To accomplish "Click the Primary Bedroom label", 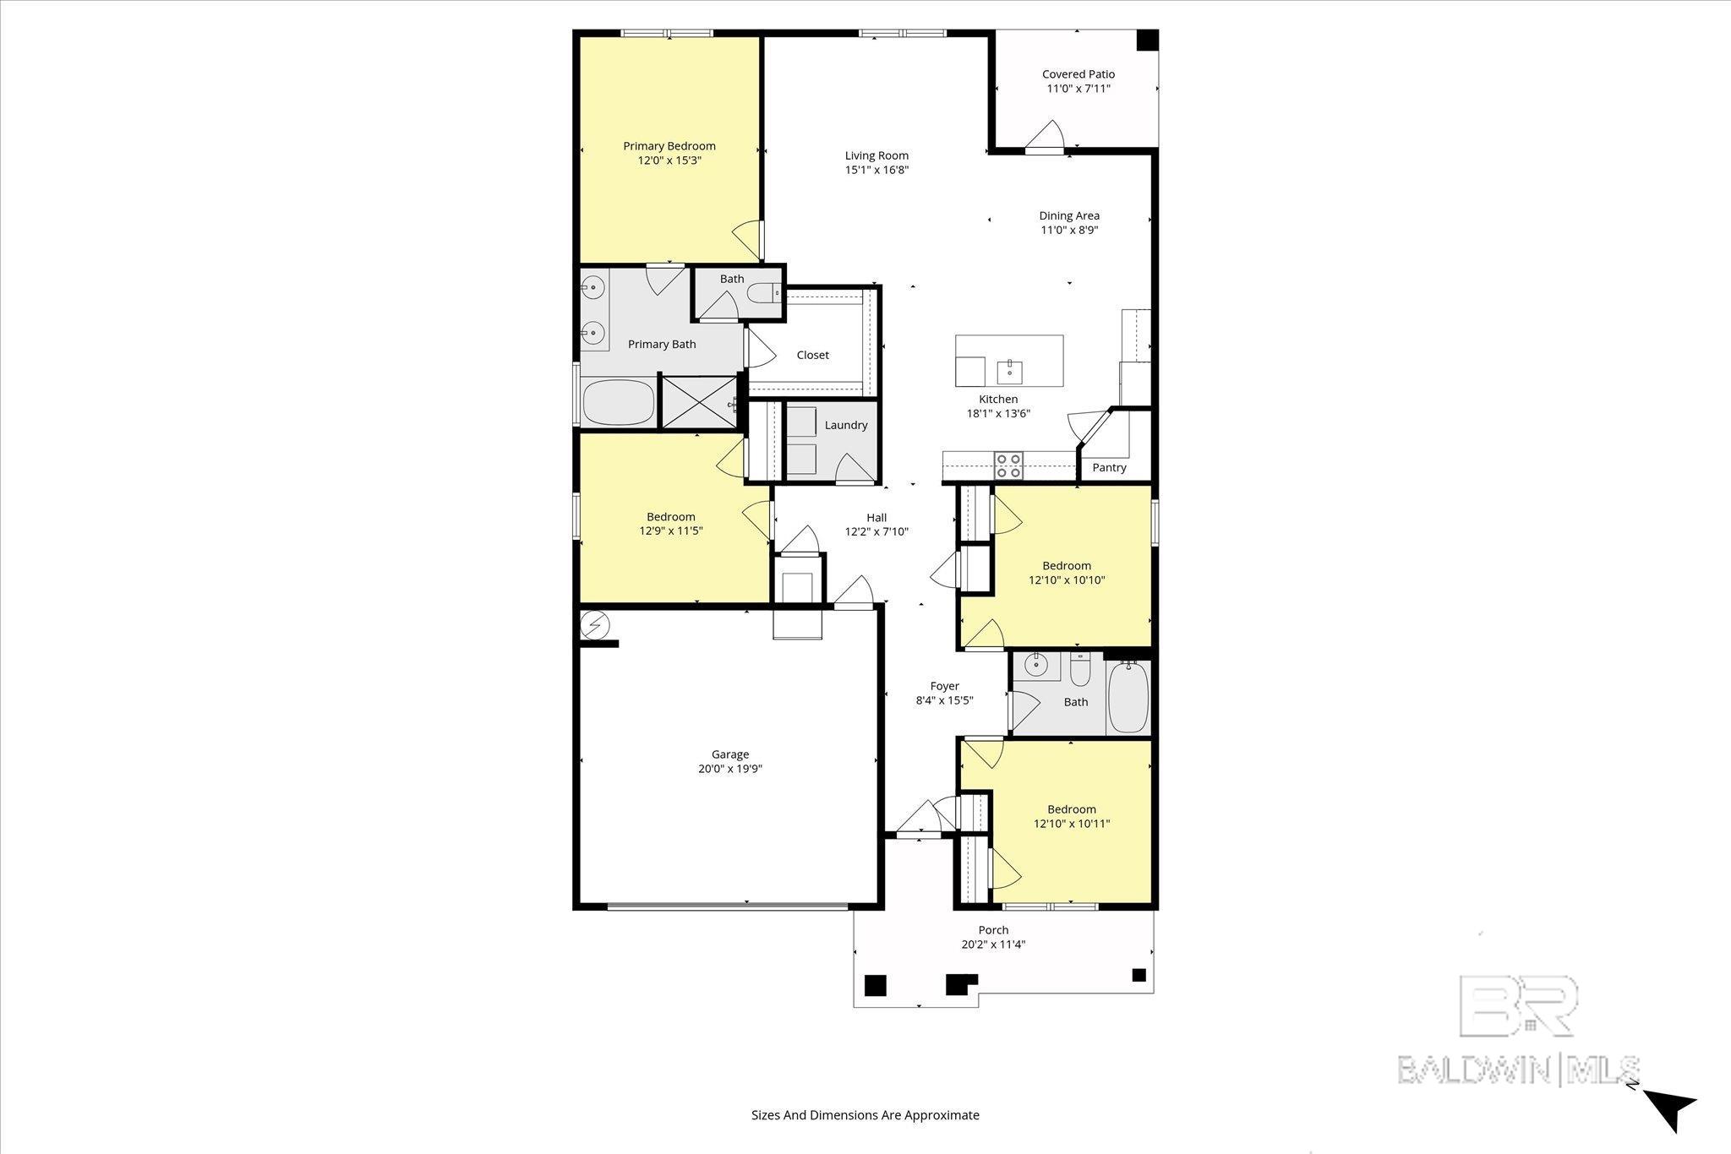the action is tap(669, 146).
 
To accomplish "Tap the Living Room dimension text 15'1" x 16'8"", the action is tap(876, 170).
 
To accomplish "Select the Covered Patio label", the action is tap(1078, 74).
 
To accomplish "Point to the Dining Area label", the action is tap(1069, 215).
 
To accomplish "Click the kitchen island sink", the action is tap(1010, 369).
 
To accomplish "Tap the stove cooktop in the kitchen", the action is tap(1008, 466).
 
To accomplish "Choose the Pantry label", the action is tap(1109, 467).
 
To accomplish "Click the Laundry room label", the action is tap(846, 425).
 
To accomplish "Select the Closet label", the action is tap(813, 355).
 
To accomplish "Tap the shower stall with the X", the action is tap(699, 402).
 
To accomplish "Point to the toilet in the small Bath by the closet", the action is tap(764, 293).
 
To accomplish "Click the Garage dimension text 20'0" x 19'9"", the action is tap(730, 769).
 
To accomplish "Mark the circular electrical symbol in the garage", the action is tap(594, 624).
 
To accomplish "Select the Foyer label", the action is tap(945, 686).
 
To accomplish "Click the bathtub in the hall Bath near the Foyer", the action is tap(1128, 698).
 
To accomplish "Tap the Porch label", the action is tap(994, 930).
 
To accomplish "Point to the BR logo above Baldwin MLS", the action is tap(1518, 1005).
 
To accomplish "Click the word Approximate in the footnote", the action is tap(942, 1115).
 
